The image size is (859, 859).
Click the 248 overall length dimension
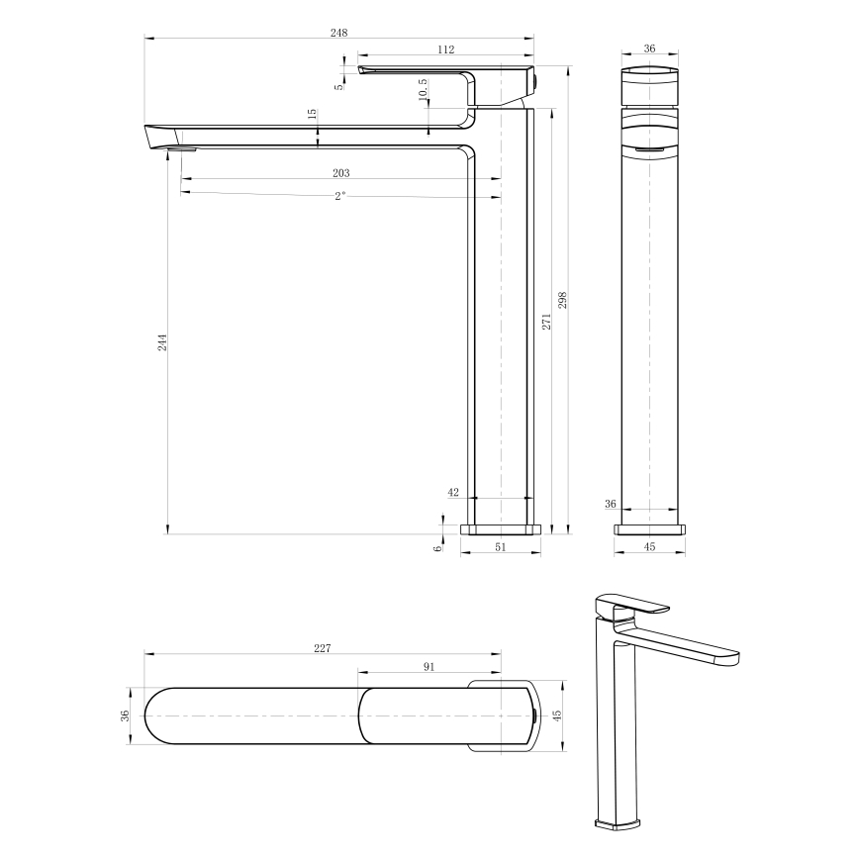pos(338,33)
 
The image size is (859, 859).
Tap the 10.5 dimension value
pos(423,89)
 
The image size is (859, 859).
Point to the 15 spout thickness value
pos(313,115)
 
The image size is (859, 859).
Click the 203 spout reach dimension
pos(340,172)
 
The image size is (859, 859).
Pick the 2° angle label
pos(339,196)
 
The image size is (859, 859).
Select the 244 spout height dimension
pos(162,341)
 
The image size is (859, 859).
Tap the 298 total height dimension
pos(563,299)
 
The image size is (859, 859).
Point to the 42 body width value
pos(454,492)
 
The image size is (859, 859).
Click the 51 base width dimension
pos(500,545)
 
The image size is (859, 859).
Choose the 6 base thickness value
pos(437,547)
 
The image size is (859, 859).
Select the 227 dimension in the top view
pos(322,648)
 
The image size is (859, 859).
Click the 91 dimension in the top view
pos(429,666)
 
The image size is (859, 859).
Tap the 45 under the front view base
pos(650,545)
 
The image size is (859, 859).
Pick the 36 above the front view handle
pos(650,48)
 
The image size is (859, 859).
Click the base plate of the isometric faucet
pos(619,822)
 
